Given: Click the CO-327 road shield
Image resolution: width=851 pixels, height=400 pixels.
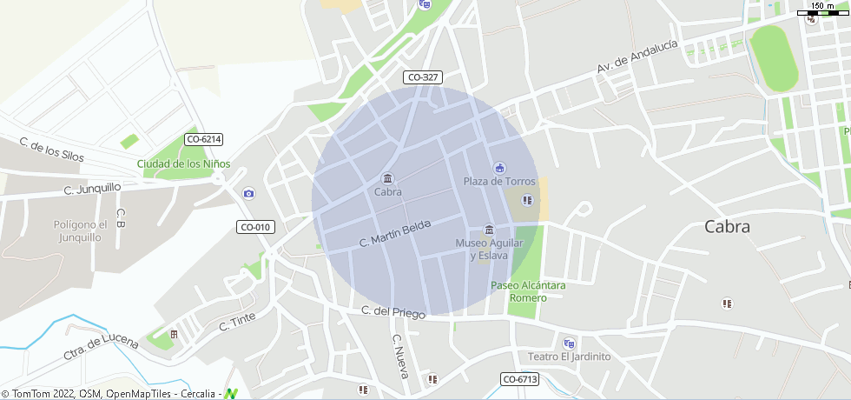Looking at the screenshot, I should pos(422,77).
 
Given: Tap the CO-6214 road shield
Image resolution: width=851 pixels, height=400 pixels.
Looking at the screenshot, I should pos(204,139).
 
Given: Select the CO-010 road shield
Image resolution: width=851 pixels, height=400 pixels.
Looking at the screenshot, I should pos(254,227).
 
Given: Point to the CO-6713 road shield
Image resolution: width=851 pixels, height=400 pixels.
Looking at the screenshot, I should pos(520,379).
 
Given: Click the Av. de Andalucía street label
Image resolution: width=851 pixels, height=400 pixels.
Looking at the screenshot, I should pos(637,57).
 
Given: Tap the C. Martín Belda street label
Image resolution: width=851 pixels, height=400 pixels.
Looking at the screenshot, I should pos(395,234).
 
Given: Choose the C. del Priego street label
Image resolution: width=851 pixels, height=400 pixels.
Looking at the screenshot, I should pos(393,312).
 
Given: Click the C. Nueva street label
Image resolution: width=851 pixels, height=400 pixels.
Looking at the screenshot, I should pos(400,357).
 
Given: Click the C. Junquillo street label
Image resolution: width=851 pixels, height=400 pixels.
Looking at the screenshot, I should pos(92,188).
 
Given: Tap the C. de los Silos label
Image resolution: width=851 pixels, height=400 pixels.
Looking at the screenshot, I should pos(52,151).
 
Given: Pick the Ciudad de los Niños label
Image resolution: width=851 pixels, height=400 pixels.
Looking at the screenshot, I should pos(182,163).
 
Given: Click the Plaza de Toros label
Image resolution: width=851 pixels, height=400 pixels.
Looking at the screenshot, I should pos(499,181).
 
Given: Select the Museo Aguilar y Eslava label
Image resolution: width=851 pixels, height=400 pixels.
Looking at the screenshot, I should pos(490,249).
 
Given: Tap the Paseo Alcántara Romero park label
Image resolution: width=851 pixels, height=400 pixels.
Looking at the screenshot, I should pos(528,291).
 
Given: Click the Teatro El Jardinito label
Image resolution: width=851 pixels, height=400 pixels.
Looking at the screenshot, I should pos(570,357).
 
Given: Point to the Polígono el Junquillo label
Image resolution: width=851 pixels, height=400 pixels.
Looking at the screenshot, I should pos(80,230).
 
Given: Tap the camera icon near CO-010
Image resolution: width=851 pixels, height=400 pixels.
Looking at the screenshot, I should pos(249,193).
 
